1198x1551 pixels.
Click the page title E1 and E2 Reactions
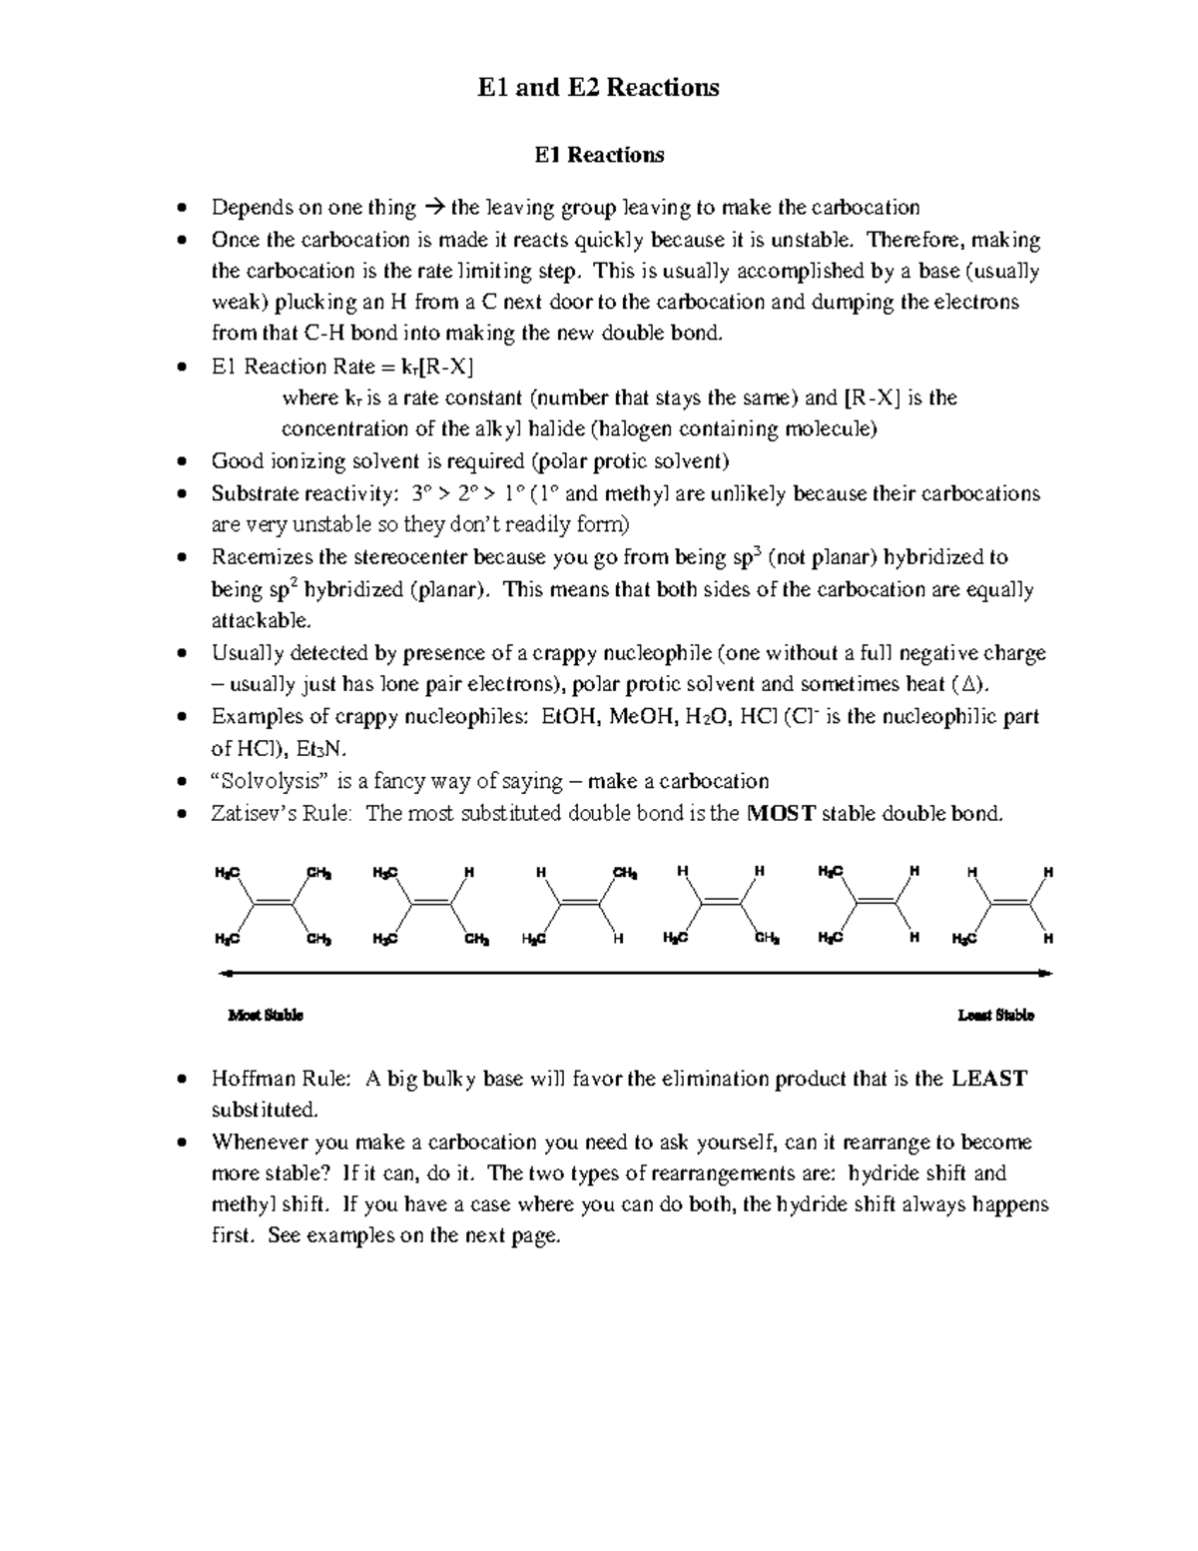pyautogui.click(x=599, y=88)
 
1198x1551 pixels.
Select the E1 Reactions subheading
pyautogui.click(x=599, y=155)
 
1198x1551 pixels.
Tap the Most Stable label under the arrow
pyautogui.click(x=266, y=1016)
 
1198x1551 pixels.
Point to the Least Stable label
pyautogui.click(x=995, y=1016)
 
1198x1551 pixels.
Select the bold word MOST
pyautogui.click(x=782, y=813)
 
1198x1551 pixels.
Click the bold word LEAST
pyautogui.click(x=989, y=1079)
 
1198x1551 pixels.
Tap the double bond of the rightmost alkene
pyautogui.click(x=1011, y=904)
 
